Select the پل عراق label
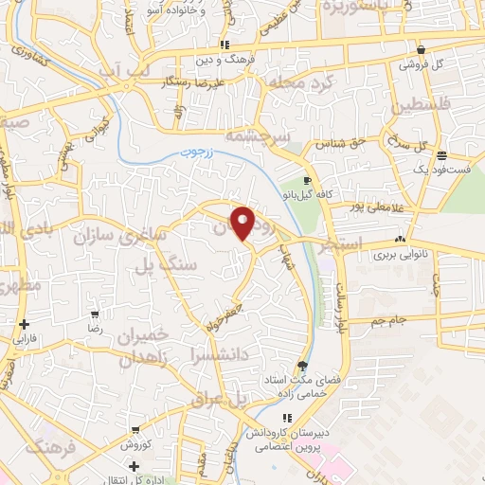219,400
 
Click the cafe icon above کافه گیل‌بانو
307,180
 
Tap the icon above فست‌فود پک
441,155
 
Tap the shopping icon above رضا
95,314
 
